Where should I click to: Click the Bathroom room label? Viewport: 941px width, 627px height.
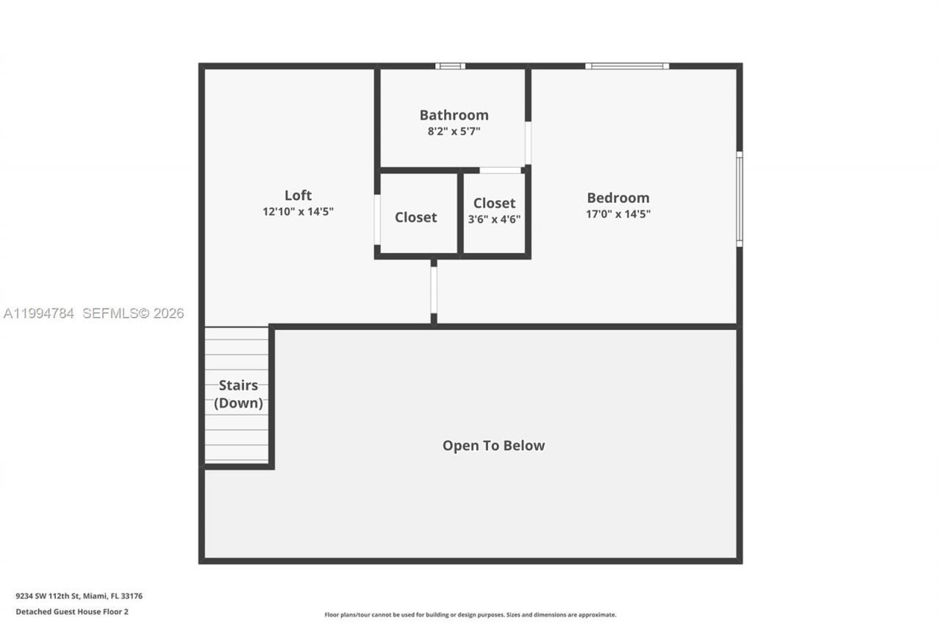pos(454,115)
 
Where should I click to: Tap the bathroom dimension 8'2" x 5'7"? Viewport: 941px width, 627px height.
pos(454,132)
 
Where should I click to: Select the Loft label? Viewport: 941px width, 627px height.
pos(298,195)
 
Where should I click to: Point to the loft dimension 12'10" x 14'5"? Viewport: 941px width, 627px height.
pos(298,212)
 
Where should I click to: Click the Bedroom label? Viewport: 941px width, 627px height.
pos(618,198)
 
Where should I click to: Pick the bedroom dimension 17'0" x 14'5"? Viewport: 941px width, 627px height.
pos(618,215)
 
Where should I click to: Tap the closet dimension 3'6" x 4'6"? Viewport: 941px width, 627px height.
pos(494,219)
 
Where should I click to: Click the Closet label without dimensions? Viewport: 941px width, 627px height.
pos(415,217)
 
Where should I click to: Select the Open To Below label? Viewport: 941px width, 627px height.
pos(493,445)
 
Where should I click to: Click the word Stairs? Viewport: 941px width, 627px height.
pos(238,385)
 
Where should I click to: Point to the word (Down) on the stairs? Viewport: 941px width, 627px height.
pos(238,403)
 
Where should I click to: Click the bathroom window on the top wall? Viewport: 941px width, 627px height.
pos(450,66)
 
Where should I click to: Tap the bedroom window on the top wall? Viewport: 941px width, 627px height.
pos(627,66)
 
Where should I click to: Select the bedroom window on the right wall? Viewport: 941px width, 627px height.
pos(739,198)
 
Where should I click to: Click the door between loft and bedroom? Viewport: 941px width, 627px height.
pos(434,290)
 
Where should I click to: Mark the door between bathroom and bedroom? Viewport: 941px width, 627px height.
pos(528,143)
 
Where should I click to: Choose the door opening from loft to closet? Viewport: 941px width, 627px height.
pos(377,219)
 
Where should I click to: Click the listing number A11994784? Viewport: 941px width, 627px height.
pos(39,314)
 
